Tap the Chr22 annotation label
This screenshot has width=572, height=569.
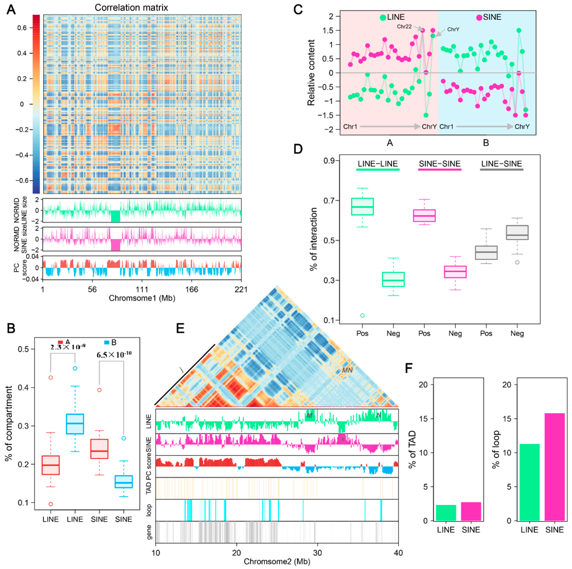[x=404, y=27]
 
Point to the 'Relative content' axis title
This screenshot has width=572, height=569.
[x=311, y=73]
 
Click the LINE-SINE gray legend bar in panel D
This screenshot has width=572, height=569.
[x=501, y=170]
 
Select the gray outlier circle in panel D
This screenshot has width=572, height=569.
[x=517, y=262]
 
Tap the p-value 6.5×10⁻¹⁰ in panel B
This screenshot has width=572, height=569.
[x=114, y=354]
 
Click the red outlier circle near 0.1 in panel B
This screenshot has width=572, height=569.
[x=51, y=504]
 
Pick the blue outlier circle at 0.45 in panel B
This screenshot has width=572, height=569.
[x=75, y=368]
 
